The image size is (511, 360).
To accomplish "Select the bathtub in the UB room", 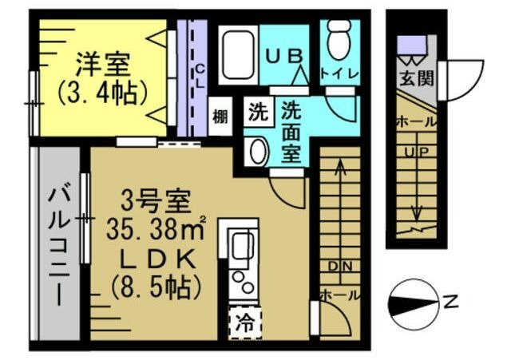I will [236, 55].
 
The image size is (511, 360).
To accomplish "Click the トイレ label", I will [339, 73].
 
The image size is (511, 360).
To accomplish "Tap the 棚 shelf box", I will [220, 117].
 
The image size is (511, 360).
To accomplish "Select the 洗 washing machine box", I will [256, 111].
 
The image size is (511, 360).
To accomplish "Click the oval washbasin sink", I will [256, 150].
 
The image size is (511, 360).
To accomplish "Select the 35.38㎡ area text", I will [156, 231].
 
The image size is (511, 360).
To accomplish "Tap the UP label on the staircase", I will [414, 152].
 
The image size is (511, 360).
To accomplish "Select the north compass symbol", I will [415, 303].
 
